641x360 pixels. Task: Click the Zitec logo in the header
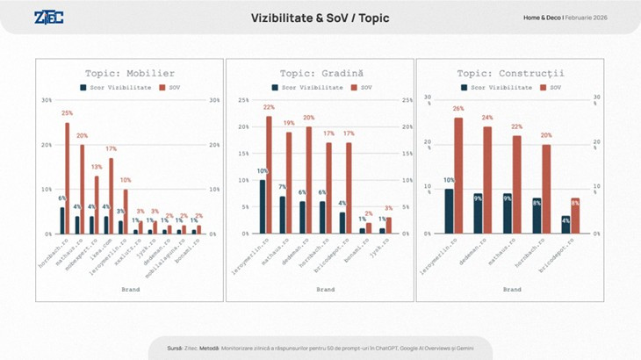point(47,18)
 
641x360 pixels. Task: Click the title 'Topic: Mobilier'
point(129,73)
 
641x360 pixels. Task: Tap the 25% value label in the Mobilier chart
point(67,114)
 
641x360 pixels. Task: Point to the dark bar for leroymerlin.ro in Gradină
point(262,206)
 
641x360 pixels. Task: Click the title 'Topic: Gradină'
point(320,73)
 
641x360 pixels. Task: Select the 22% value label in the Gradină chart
point(269,108)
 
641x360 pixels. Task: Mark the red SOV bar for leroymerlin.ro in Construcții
point(458,176)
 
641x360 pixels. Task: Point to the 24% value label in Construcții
point(487,118)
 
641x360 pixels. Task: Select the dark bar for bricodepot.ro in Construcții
point(566,225)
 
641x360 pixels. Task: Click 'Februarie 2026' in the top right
point(587,18)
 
